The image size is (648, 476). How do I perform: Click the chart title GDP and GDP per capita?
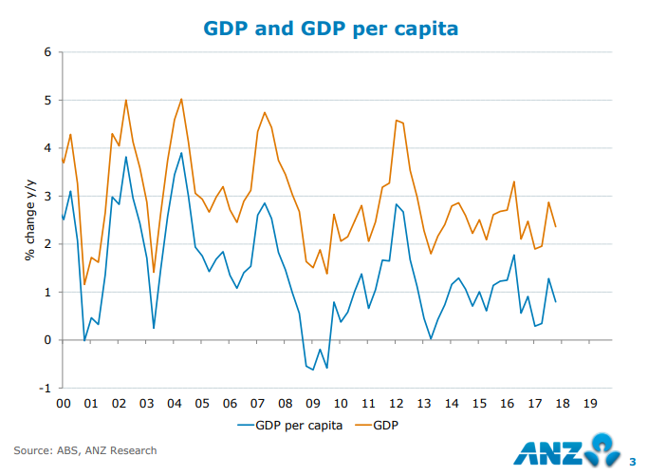331,29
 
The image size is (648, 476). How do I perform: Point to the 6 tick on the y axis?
46,51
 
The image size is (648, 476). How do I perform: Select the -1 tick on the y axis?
44,389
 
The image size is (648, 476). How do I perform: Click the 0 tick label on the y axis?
46,340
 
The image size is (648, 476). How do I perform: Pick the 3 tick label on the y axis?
46,196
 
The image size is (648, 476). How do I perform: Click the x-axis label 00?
63,403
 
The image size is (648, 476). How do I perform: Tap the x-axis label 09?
313,403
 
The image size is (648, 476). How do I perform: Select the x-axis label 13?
424,403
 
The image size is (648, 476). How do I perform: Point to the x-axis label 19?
590,403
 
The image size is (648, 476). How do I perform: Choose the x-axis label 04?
174,403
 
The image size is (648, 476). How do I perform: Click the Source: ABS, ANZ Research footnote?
85,450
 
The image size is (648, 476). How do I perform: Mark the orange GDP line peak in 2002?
126,100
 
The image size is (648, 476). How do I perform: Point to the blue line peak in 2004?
181,153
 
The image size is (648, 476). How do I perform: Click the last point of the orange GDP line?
555,226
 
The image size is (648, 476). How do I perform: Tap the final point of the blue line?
555,302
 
